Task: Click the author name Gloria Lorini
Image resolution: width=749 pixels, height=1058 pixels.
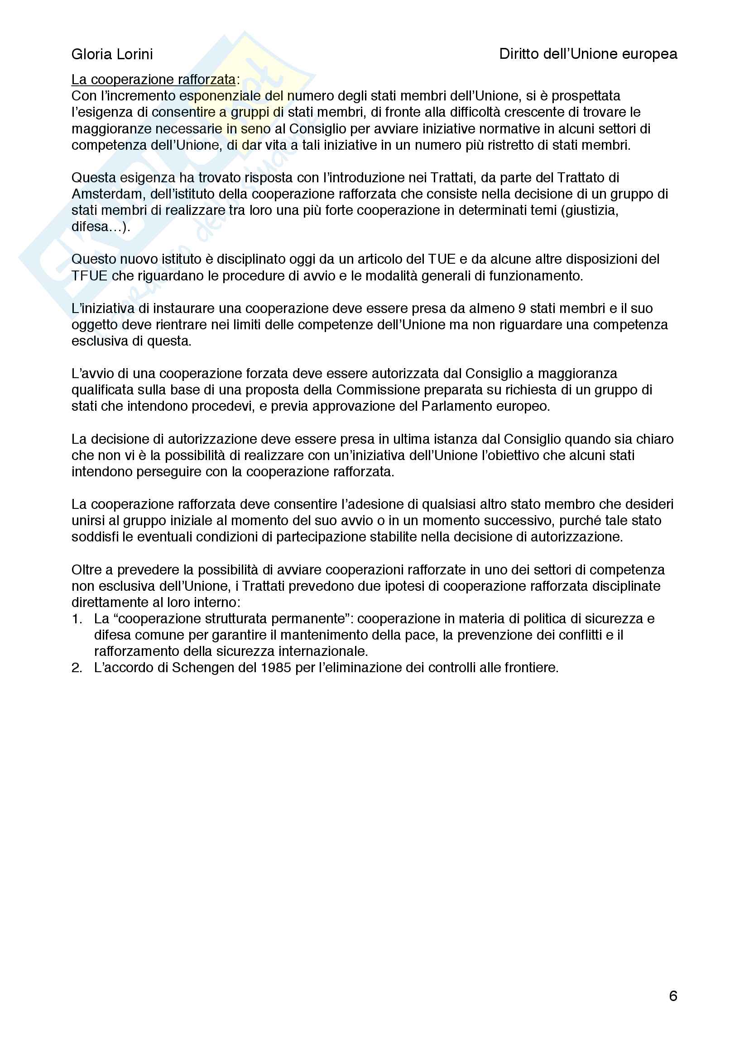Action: click(x=112, y=54)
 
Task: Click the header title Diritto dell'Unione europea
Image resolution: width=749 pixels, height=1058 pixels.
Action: click(x=588, y=54)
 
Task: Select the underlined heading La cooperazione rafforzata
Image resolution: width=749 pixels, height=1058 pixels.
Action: click(x=154, y=80)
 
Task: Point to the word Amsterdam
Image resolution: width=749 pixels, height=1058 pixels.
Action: click(x=107, y=194)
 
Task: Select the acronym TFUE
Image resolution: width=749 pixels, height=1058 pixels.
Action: click(x=90, y=276)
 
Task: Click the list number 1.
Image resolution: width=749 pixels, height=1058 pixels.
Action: click(x=77, y=619)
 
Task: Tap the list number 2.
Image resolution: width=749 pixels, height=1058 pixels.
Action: click(x=77, y=668)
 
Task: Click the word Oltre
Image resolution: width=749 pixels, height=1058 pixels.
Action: click(x=86, y=570)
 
